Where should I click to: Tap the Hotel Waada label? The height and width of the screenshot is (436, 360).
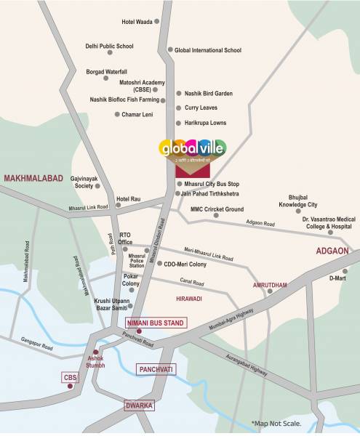(137, 23)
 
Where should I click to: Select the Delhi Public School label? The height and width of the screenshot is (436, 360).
(109, 47)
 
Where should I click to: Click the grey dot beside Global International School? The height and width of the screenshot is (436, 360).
(169, 50)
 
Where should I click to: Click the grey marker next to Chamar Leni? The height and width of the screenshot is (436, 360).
(117, 114)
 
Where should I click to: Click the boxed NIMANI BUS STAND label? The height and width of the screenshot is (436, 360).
(156, 322)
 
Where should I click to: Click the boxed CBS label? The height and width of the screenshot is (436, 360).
(69, 376)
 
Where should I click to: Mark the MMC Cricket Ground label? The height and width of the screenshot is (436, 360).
(217, 209)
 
